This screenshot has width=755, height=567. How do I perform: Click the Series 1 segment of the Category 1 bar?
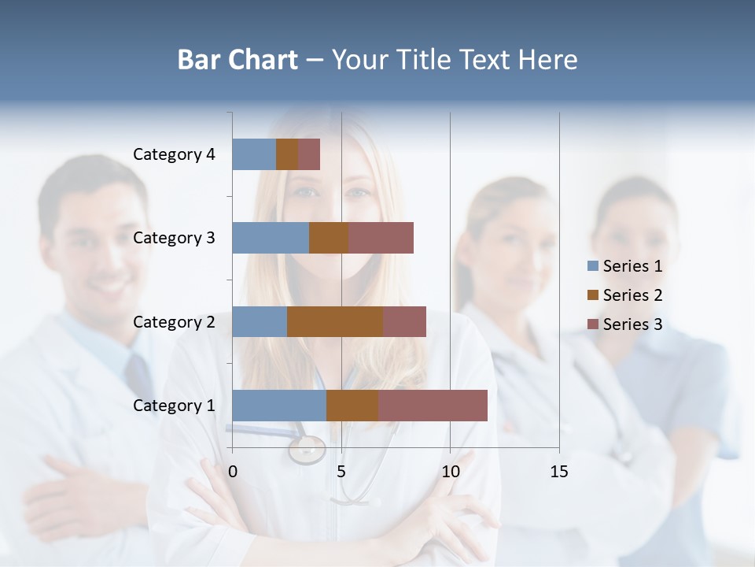[x=279, y=406]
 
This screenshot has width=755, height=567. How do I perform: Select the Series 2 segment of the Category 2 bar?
[x=335, y=321]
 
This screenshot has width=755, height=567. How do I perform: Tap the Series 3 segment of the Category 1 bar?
[x=433, y=406]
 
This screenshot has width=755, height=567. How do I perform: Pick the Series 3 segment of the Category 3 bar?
[x=381, y=238]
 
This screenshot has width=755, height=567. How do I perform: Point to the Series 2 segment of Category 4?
[x=287, y=154]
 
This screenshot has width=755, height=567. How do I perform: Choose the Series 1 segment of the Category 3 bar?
[x=271, y=238]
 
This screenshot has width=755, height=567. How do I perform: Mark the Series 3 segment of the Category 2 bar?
[x=404, y=321]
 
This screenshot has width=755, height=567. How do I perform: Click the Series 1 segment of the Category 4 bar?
[x=254, y=154]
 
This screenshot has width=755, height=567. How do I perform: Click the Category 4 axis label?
[x=174, y=154]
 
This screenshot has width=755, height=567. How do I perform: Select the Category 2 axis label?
[x=174, y=321]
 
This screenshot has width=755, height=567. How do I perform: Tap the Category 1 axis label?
[x=174, y=406]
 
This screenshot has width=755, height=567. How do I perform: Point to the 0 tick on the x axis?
[x=233, y=472]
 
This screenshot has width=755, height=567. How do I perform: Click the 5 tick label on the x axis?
[x=341, y=472]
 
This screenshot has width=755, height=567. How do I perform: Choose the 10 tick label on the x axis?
[x=450, y=472]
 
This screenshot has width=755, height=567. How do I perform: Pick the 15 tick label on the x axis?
[x=558, y=472]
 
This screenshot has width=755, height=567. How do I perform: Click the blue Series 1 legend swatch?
[x=592, y=266]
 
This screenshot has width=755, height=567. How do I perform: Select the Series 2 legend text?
[x=632, y=295]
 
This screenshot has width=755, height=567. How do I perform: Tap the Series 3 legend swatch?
[x=592, y=324]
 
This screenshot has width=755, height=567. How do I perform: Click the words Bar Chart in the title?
[x=238, y=60]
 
